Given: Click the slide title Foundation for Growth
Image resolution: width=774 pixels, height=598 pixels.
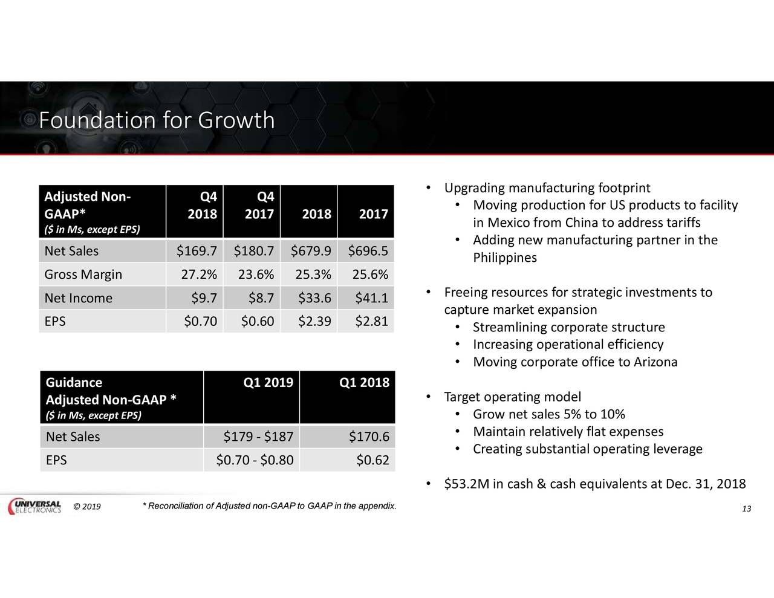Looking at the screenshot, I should click(x=157, y=120).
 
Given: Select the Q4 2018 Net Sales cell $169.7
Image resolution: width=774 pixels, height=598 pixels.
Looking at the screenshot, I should click(x=197, y=251).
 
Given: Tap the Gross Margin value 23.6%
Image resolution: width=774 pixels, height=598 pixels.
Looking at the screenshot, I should click(x=256, y=275).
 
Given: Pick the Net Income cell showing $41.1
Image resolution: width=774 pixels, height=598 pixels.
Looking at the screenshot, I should click(x=371, y=298).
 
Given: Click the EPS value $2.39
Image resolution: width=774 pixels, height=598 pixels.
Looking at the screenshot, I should click(x=314, y=321).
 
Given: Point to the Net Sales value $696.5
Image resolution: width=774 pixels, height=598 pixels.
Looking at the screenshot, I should click(x=368, y=251).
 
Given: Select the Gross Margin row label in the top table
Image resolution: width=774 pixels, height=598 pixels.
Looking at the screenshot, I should click(x=83, y=275).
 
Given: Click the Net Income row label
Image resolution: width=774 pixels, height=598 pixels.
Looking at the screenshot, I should click(x=79, y=298).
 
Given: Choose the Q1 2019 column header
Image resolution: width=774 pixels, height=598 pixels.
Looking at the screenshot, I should click(x=268, y=382).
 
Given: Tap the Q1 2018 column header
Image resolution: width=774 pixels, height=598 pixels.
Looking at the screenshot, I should click(x=365, y=382).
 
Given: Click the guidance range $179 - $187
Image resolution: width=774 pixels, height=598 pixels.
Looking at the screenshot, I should click(x=258, y=437).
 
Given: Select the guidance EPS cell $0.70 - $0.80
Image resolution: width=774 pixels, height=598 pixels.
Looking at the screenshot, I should click(x=255, y=460).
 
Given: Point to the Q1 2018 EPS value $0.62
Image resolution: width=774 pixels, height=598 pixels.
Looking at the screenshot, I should click(x=372, y=460).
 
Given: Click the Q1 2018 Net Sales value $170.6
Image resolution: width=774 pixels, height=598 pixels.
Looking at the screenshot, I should click(x=369, y=437).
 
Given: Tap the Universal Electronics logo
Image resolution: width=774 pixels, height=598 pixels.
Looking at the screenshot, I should click(x=34, y=507).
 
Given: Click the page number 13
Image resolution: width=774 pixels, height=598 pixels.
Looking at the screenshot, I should click(x=746, y=509).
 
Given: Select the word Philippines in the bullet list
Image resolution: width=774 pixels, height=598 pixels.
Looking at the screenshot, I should click(x=505, y=258).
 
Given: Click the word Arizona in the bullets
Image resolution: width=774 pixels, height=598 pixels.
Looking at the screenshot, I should click(x=655, y=362).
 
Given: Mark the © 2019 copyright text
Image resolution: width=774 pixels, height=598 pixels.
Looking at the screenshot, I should click(x=86, y=507).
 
